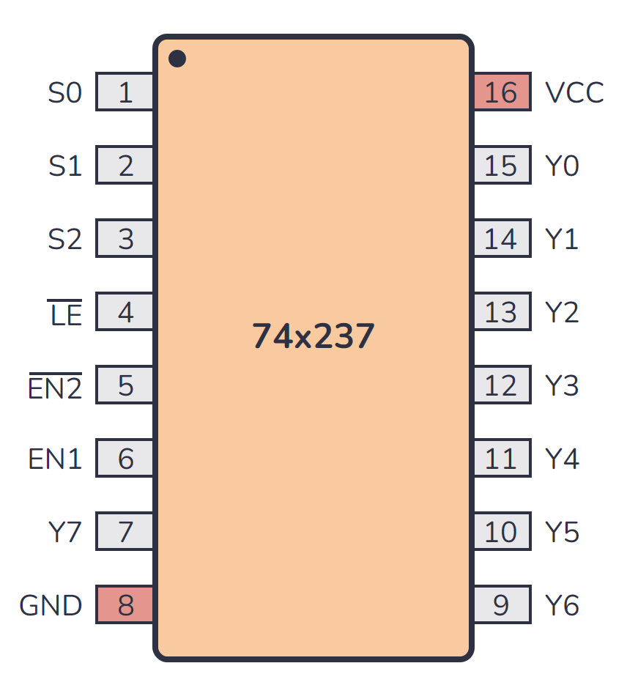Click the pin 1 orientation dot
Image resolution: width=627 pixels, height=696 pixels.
(x=177, y=59)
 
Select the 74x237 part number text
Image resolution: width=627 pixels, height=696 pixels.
(x=313, y=336)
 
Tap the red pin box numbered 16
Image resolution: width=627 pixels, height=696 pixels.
(x=502, y=92)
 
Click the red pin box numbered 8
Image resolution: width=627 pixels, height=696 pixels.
(x=125, y=605)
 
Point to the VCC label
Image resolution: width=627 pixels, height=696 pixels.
(x=574, y=93)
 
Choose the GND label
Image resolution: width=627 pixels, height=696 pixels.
(x=51, y=606)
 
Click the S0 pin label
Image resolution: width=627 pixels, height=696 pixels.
(x=65, y=93)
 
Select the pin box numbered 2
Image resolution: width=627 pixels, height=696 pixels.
(x=125, y=166)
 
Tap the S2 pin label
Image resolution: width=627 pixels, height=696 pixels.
(x=65, y=240)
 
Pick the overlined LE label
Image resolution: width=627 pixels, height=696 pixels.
(x=65, y=314)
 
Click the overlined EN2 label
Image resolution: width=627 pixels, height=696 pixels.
(x=55, y=386)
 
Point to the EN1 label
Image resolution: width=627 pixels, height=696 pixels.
(x=55, y=459)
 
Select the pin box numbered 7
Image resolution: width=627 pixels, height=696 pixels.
(x=125, y=532)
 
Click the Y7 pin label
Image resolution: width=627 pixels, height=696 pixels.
(x=64, y=533)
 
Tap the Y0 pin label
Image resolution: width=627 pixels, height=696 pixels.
(x=563, y=166)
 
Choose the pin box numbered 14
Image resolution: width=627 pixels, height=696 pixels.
(x=502, y=239)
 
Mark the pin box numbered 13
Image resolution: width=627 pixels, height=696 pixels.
(x=502, y=312)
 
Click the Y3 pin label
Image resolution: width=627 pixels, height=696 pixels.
(x=563, y=386)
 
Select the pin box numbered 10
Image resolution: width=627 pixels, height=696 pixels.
(x=502, y=532)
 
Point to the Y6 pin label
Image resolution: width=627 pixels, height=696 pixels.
(x=563, y=606)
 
